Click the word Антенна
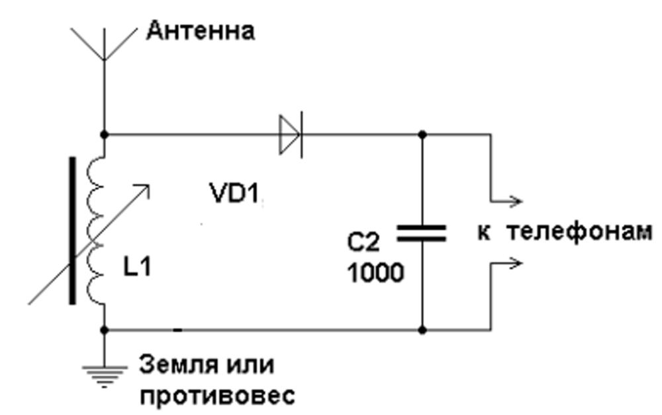[x=200, y=31]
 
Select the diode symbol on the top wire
[x=291, y=135]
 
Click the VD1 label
[x=234, y=194]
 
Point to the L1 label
[x=137, y=267]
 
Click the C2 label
[x=363, y=243]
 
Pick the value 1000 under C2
[x=375, y=273]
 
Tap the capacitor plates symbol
[x=421, y=233]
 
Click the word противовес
[x=217, y=396]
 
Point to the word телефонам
[x=579, y=232]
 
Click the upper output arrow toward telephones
[x=506, y=202]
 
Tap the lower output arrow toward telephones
[x=506, y=264]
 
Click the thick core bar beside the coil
[x=73, y=230]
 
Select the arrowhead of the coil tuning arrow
[x=145, y=188]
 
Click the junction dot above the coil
[x=105, y=135]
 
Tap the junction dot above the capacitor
[x=422, y=135]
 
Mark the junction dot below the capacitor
[x=422, y=330]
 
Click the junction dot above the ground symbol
[x=105, y=330]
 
